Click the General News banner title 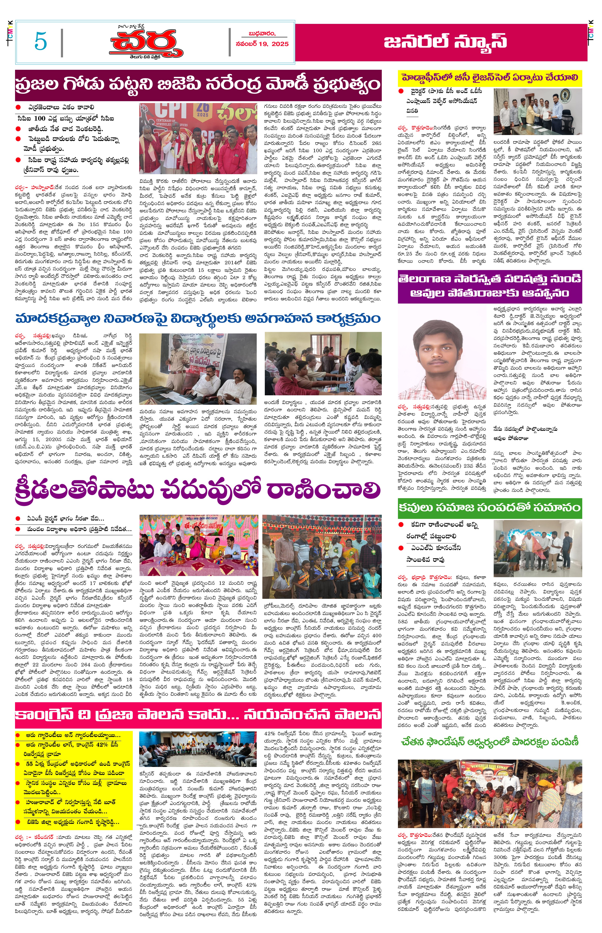coord(445,41)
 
